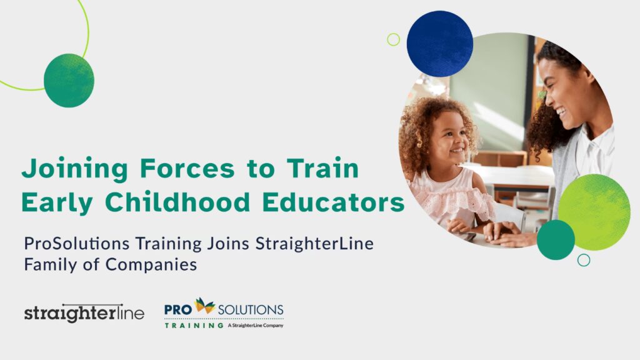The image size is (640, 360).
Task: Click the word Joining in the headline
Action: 75,169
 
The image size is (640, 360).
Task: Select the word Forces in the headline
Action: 187,168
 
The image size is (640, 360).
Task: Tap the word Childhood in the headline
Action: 177,202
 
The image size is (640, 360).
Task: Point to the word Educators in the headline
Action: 333,202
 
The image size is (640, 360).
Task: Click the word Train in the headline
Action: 322,168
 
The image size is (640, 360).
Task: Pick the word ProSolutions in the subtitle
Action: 77,244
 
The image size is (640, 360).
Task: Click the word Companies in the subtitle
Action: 151,265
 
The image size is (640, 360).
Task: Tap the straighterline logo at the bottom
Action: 84,314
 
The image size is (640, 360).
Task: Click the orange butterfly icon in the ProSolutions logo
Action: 205,305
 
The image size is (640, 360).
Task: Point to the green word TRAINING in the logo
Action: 194,326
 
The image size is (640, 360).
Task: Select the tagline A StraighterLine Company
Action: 256,325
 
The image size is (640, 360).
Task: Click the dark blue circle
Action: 439,44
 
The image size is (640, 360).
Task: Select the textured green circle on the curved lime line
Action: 69,81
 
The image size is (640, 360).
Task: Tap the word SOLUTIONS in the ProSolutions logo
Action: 251,310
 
